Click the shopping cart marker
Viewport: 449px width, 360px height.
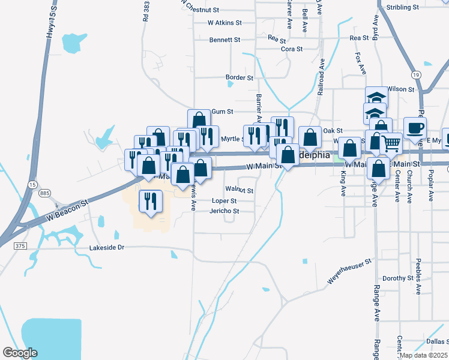click(391, 144)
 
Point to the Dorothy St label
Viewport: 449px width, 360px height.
click(394, 278)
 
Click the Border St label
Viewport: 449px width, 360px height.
click(239, 77)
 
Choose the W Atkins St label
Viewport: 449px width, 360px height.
click(224, 23)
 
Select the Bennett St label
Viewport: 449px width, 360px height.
click(224, 40)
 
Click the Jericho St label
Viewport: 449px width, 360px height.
click(224, 211)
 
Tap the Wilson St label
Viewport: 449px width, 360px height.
click(401, 89)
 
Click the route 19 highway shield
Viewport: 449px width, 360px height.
click(415, 74)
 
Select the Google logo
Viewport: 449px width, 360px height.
click(20, 352)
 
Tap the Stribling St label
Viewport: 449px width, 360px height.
click(403, 7)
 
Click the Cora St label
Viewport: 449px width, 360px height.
click(292, 49)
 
